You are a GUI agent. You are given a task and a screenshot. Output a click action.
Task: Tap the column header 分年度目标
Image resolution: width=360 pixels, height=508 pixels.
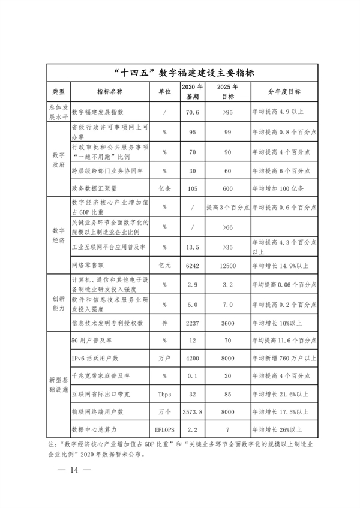[x=284, y=92]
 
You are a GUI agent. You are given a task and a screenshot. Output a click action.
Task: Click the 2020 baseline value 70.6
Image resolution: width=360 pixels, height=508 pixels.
[x=193, y=112]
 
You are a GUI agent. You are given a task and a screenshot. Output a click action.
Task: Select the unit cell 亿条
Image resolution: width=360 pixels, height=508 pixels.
[x=164, y=188]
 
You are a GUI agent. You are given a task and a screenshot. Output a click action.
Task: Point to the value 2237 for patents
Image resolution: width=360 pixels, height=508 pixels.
[x=193, y=323]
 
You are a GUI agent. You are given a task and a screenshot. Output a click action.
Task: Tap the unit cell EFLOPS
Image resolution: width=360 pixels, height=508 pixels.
[x=164, y=429]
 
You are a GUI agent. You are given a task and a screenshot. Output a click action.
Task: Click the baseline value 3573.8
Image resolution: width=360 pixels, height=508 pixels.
[x=193, y=412]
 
